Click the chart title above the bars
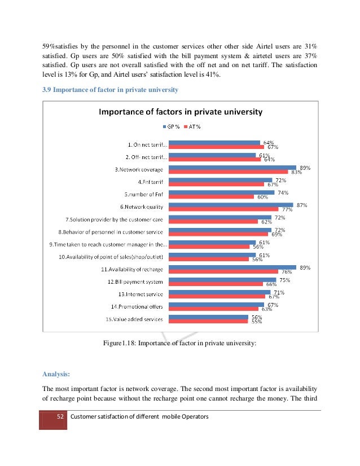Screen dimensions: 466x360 click(181, 112)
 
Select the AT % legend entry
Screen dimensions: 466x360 click(193, 126)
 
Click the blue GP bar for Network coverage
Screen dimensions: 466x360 click(232, 168)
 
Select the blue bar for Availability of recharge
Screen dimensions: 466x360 click(232, 267)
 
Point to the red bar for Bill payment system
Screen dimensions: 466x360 click(218, 284)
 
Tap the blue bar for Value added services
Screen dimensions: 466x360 click(209, 316)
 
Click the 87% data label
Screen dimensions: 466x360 click(302, 205)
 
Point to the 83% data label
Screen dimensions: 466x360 click(297, 172)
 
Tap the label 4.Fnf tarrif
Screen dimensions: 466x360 click(151, 182)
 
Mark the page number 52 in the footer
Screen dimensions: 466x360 click(59, 416)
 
